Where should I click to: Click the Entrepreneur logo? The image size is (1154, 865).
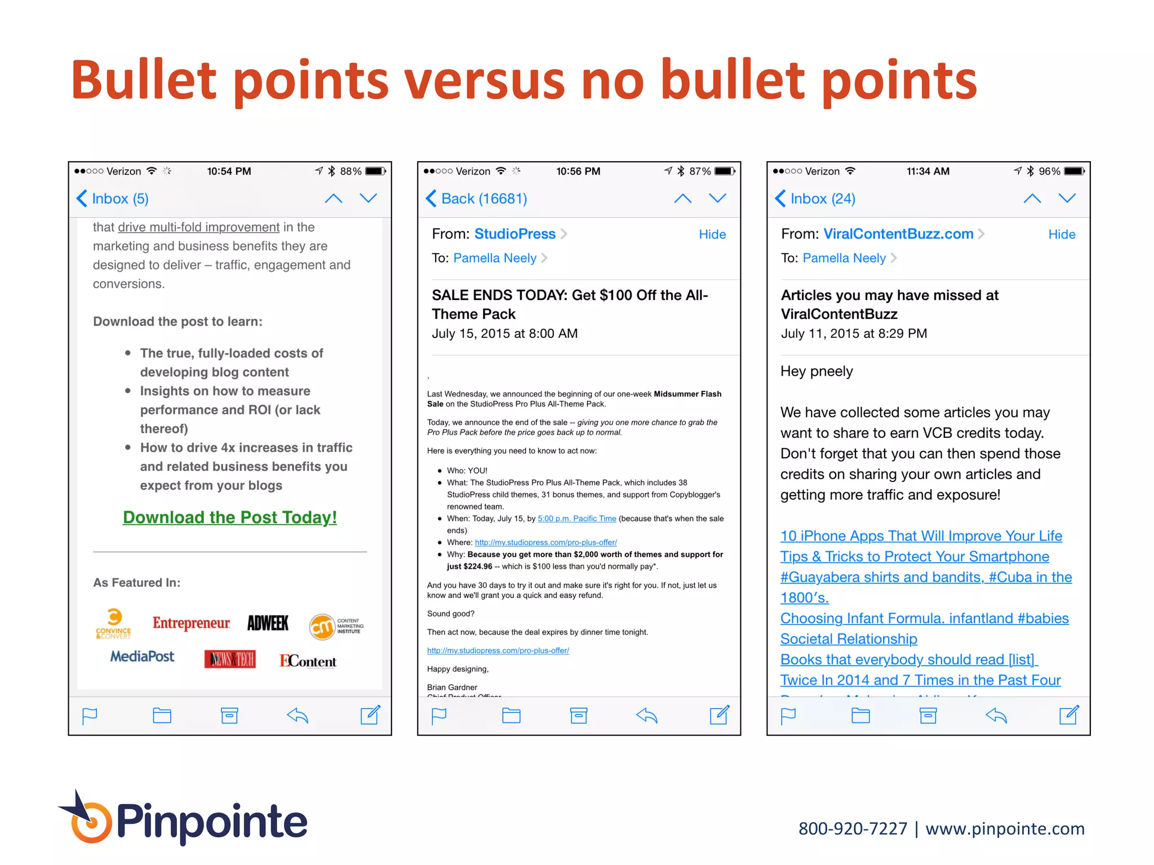[x=191, y=623]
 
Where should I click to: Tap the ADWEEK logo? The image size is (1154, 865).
[x=268, y=623]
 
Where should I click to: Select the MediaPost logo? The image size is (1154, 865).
[x=142, y=657]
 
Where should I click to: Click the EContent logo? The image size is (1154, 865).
[x=308, y=661]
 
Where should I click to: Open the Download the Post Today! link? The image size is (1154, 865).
[x=230, y=518]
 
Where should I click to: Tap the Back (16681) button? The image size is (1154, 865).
[x=477, y=199]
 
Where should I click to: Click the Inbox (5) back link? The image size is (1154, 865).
[x=113, y=199]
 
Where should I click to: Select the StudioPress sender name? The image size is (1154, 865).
[x=514, y=234]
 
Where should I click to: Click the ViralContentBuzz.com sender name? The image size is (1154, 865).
[x=898, y=234]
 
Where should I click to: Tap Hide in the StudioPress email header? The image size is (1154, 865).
[x=712, y=235]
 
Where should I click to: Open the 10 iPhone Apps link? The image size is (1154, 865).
[x=921, y=536]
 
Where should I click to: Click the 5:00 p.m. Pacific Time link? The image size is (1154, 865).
[x=576, y=519]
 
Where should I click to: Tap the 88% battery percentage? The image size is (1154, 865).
[x=350, y=171]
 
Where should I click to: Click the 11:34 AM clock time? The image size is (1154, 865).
[x=927, y=171]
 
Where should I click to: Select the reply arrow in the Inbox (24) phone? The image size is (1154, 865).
[x=996, y=716]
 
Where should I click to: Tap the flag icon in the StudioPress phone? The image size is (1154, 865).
[x=439, y=716]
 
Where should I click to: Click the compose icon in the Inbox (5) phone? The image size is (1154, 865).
[x=370, y=715]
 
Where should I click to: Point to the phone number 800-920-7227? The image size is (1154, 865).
[x=853, y=829]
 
